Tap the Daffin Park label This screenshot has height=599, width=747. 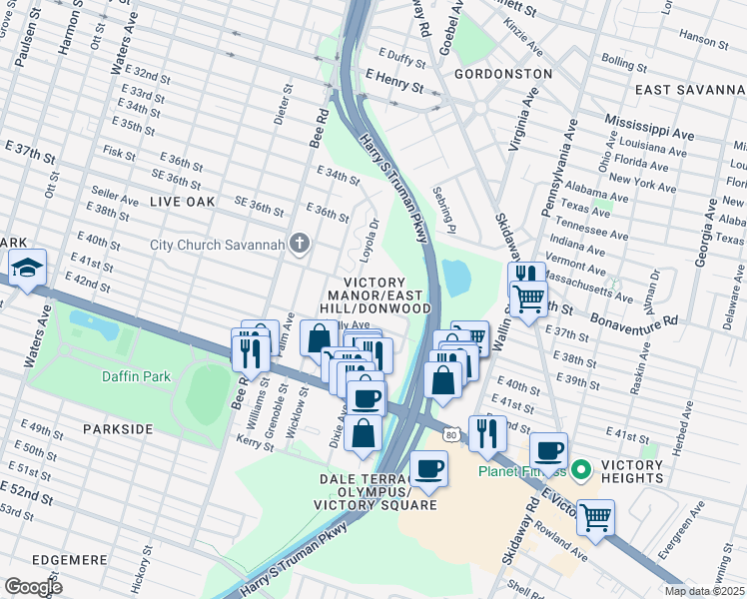click(x=136, y=376)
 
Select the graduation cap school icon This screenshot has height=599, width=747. click(x=27, y=267)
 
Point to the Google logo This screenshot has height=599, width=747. click(x=34, y=586)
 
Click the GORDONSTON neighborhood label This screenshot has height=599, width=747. click(x=502, y=74)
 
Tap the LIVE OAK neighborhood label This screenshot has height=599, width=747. click(x=182, y=201)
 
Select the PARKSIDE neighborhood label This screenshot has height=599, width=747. click(x=118, y=428)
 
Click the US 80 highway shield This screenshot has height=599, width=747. click(x=451, y=433)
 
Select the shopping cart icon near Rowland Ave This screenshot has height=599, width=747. click(x=595, y=517)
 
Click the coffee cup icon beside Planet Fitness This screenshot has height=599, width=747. click(x=547, y=450)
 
